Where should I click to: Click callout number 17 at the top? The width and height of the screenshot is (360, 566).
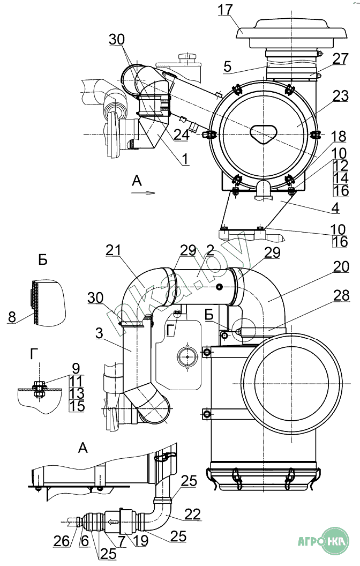point(225,10)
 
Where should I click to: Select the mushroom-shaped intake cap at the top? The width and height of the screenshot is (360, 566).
point(291,31)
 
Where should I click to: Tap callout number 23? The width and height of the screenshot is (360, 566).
point(341,96)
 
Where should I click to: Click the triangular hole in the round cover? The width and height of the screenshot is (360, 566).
point(264,134)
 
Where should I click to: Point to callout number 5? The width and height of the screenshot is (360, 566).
point(227,67)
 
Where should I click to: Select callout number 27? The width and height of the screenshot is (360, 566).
point(341,58)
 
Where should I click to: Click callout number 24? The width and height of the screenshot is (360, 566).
point(182,135)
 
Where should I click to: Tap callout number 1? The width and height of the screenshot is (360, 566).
point(185,159)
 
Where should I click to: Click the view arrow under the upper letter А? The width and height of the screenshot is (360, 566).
point(143,193)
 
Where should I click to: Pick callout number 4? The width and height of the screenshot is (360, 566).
point(335,208)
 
